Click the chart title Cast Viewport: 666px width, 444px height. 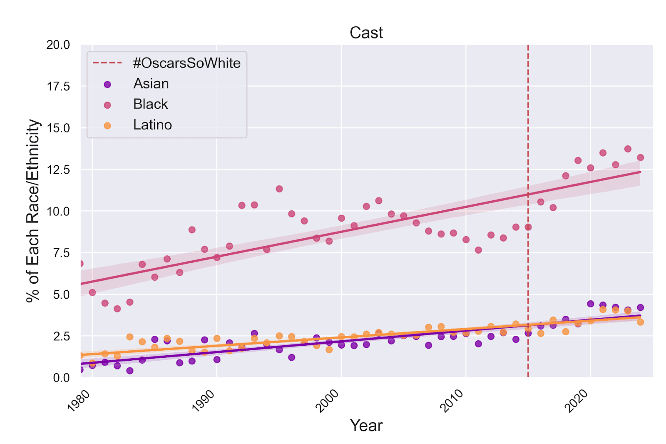366,32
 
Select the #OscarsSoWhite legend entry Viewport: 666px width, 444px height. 186,63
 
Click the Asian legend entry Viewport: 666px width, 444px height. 151,84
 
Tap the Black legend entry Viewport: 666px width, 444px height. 150,104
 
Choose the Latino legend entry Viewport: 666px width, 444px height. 152,125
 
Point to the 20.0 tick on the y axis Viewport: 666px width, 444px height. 58,45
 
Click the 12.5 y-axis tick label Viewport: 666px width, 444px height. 58,170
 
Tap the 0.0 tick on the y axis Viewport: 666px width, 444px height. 61,378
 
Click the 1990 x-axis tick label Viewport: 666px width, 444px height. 204,401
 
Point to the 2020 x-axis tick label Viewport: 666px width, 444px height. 577,401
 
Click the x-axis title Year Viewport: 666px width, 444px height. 366,425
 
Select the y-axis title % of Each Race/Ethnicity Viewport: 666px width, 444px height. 33,211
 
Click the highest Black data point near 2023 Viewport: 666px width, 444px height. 628,149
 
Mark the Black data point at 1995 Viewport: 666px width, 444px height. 279,189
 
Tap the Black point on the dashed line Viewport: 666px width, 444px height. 528,227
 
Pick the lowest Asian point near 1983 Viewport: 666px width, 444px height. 130,371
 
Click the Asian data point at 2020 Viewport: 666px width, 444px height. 590,304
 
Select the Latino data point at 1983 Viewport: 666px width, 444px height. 130,337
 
